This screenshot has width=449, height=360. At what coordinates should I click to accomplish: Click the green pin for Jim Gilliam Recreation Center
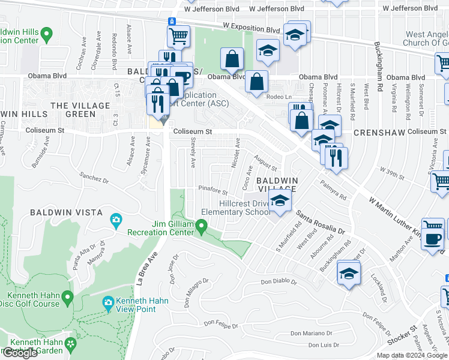coord(202,227)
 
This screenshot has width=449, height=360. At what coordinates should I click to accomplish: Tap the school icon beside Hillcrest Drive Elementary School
coord(279,202)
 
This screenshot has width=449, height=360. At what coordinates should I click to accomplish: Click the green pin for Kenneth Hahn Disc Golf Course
coord(68,297)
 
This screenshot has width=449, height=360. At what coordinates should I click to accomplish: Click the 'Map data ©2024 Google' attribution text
coord(412,355)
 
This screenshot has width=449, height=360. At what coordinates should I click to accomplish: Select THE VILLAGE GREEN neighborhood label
coord(80,110)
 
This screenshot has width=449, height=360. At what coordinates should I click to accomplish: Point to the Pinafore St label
coord(213,191)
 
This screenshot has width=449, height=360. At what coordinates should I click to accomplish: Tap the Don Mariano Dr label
coord(311,333)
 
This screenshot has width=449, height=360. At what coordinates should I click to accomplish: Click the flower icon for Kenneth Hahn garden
coord(71,343)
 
